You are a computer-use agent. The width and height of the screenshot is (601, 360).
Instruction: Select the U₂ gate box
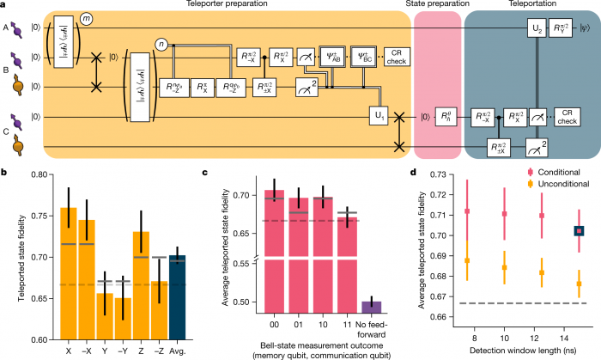pyautogui.click(x=537, y=29)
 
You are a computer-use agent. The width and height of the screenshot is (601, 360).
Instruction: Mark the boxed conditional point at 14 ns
pyautogui.click(x=579, y=230)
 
